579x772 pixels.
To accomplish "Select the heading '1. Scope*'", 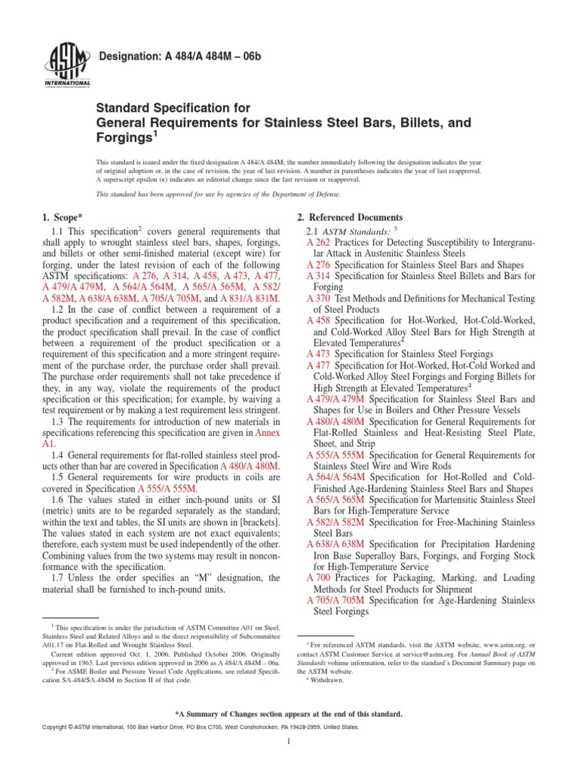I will (65, 218).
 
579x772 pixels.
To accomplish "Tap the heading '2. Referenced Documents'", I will (350, 218).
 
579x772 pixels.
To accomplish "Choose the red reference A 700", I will (319, 577).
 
